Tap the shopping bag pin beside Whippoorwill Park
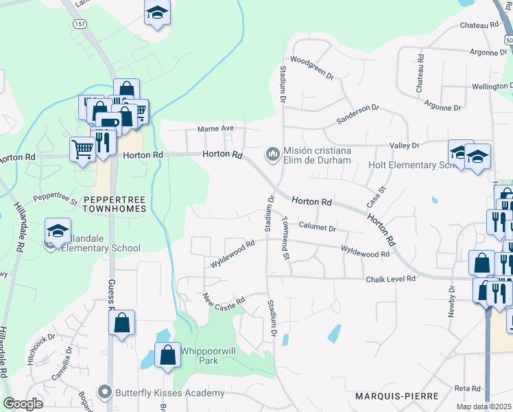[x=167, y=356]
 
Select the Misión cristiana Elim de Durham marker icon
[x=272, y=152]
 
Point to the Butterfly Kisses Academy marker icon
[x=104, y=393]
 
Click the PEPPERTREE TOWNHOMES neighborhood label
[x=114, y=203]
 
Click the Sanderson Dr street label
[x=357, y=114]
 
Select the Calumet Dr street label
[x=317, y=228]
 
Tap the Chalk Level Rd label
[x=390, y=279]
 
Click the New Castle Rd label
[x=224, y=301]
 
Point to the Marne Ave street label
[x=216, y=128]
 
